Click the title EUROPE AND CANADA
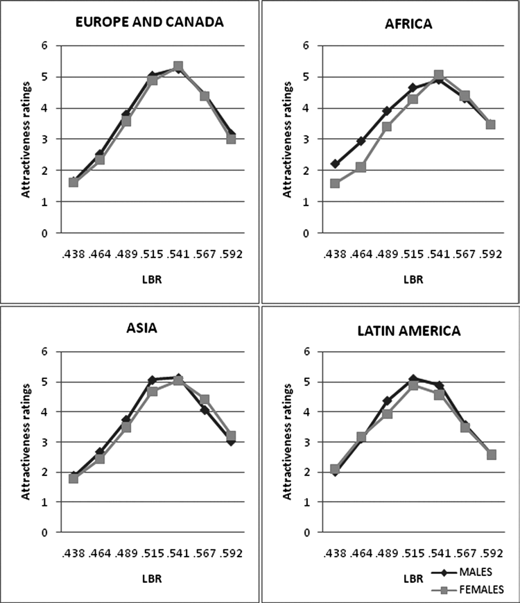point(149,21)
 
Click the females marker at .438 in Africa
point(335,184)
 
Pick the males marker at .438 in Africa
point(335,164)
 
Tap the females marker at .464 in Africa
point(361,167)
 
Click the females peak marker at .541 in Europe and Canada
point(178,67)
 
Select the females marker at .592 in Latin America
point(491,455)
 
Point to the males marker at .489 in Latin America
point(387,401)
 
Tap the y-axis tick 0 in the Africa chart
point(306,233)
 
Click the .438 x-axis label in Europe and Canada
point(73,253)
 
